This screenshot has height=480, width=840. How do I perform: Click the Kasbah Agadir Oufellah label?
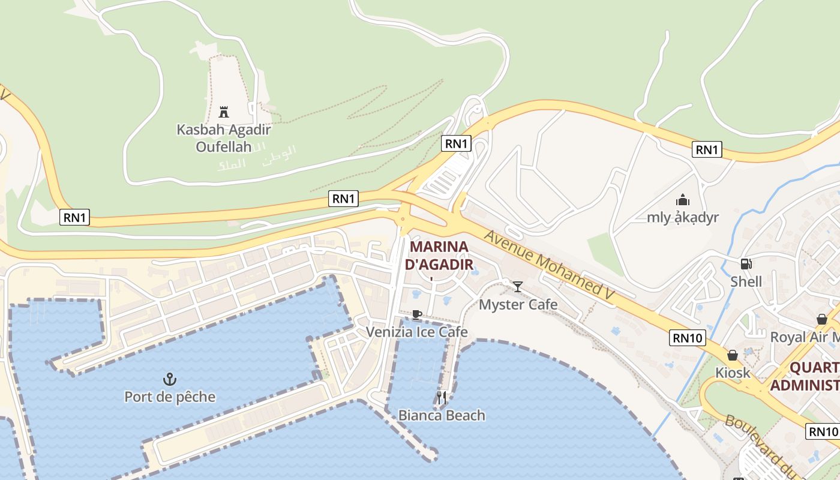tap(224, 137)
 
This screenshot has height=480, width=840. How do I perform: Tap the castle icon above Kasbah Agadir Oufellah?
tap(224, 112)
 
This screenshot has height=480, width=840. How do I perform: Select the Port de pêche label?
tap(170, 397)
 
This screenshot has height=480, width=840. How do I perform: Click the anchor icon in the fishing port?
tap(170, 379)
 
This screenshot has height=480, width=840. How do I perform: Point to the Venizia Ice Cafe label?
tap(416, 332)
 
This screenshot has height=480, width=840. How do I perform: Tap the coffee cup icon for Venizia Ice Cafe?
tap(416, 314)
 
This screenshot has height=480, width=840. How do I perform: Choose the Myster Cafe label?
tap(518, 305)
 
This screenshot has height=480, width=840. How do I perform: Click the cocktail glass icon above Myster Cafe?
tap(518, 287)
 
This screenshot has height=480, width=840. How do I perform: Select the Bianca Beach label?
tap(442, 415)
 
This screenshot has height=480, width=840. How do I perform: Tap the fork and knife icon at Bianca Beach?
tap(442, 397)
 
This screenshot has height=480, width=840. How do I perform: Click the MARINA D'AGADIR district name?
tap(439, 255)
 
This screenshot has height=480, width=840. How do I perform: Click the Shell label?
tap(746, 281)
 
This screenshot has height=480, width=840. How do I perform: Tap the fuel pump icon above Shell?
tap(746, 263)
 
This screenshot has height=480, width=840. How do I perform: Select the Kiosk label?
tap(733, 373)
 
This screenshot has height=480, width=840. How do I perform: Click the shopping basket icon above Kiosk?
tap(733, 355)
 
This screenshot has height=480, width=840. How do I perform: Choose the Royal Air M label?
tap(804, 337)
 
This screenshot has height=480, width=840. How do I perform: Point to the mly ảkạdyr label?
tap(682, 217)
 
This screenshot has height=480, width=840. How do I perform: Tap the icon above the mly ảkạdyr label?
tap(682, 200)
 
